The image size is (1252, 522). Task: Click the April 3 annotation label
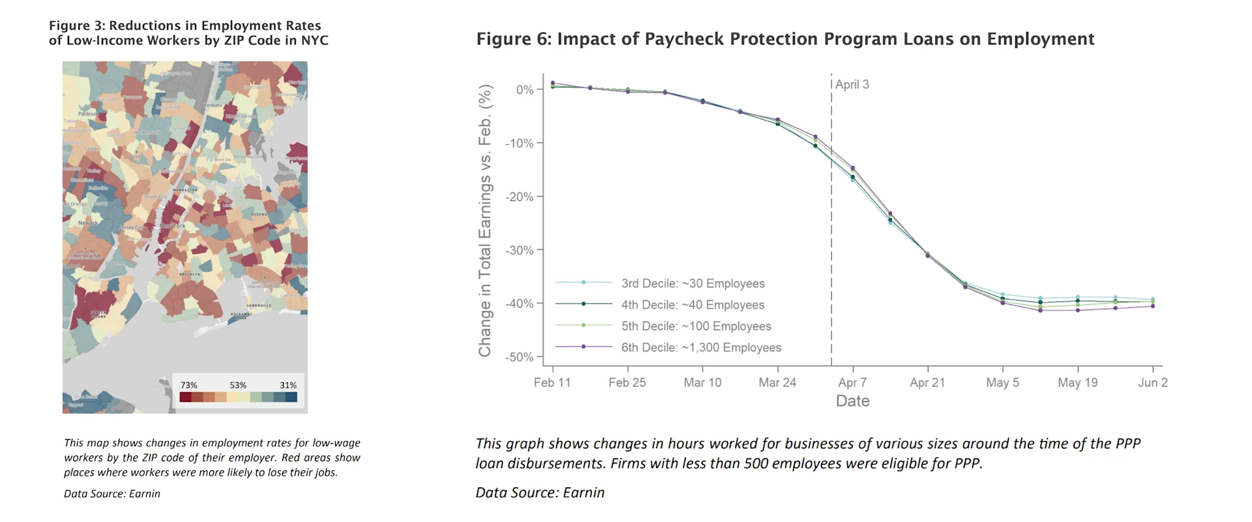pyautogui.click(x=852, y=85)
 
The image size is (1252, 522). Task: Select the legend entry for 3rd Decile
pyautogui.click(x=692, y=284)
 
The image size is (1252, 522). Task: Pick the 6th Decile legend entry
pyautogui.click(x=700, y=348)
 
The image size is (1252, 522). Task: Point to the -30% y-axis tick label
pyautogui.click(x=519, y=251)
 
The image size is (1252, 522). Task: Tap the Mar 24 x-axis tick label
pyautogui.click(x=777, y=383)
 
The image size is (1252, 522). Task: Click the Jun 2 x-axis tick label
pyautogui.click(x=1152, y=383)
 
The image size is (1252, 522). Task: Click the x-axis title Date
pyautogui.click(x=852, y=401)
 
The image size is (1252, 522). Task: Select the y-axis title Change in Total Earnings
pyautogui.click(x=485, y=222)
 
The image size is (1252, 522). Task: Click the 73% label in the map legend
pyautogui.click(x=188, y=386)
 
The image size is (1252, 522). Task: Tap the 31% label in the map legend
pyautogui.click(x=288, y=386)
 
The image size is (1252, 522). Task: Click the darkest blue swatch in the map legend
pyautogui.click(x=291, y=397)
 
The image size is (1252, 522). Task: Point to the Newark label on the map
pyautogui.click(x=88, y=223)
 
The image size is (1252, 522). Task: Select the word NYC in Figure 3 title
pyautogui.click(x=314, y=40)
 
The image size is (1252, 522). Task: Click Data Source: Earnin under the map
pyautogui.click(x=112, y=494)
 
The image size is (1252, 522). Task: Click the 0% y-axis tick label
pyautogui.click(x=524, y=90)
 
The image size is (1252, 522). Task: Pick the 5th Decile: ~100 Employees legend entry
pyautogui.click(x=695, y=326)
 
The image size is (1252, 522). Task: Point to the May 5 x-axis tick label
pyautogui.click(x=1002, y=383)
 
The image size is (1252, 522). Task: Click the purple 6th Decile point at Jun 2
pyautogui.click(x=1152, y=306)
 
